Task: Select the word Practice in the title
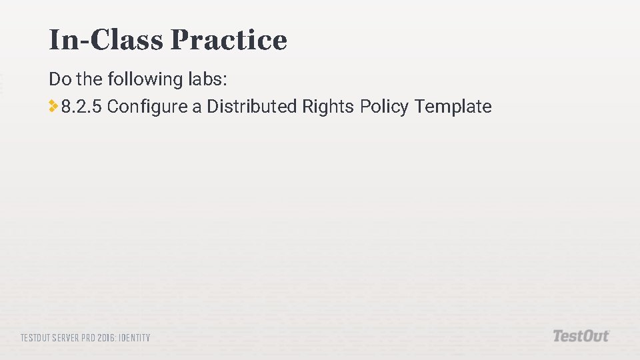[229, 40]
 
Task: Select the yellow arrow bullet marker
[53, 105]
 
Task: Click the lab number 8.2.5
[81, 106]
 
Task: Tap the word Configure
[147, 107]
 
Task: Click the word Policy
[384, 107]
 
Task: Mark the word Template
[453, 107]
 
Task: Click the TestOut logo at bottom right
[581, 336]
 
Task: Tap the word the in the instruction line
[87, 79]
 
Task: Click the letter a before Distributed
[197, 107]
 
